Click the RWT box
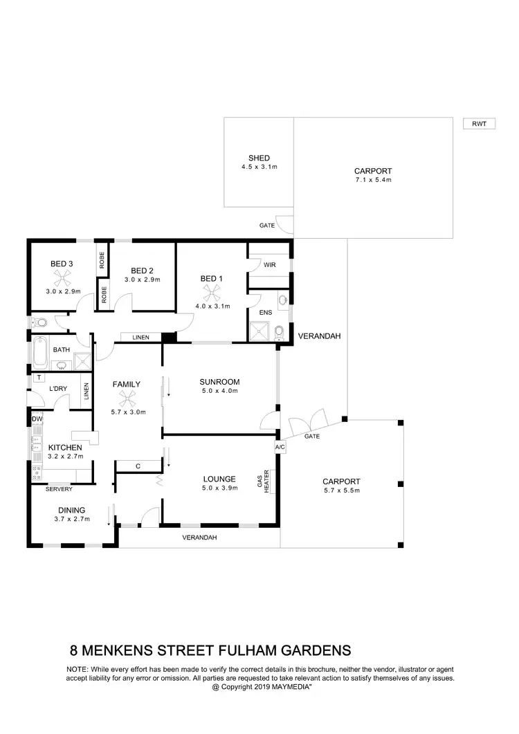(479, 124)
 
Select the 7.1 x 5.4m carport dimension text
(373, 180)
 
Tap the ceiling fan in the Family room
(127, 397)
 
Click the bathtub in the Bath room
(39, 351)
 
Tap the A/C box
(280, 448)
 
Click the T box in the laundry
(39, 378)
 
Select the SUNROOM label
(219, 382)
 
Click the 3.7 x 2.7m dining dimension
(73, 519)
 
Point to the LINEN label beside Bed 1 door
(142, 337)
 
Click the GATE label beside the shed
(267, 226)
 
